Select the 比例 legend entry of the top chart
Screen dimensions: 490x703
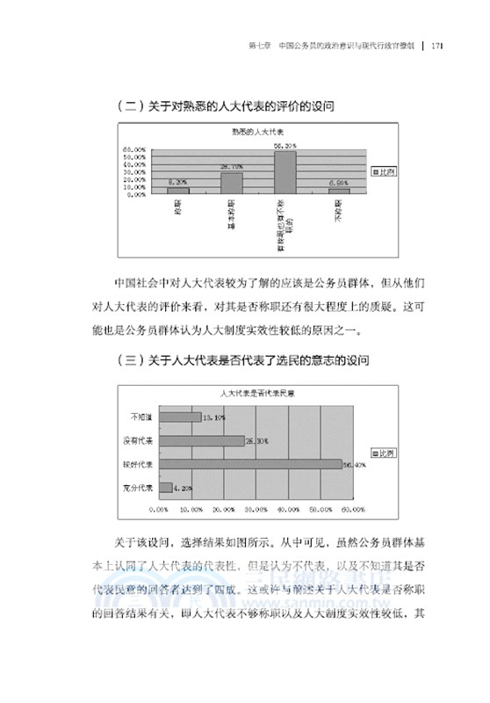coord(384,171)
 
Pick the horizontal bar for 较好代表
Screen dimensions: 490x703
coord(249,464)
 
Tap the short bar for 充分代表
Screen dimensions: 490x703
coord(165,487)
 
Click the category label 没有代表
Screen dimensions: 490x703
coord(139,441)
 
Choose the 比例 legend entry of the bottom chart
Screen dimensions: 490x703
coord(385,453)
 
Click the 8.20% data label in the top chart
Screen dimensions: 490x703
coord(178,182)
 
